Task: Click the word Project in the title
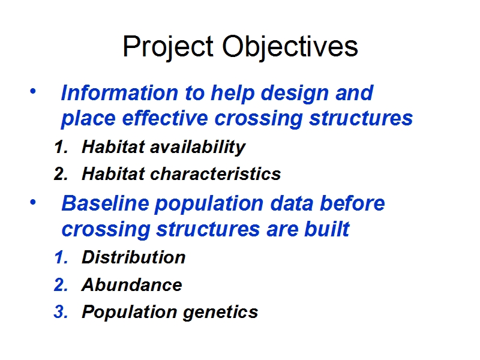[x=168, y=47]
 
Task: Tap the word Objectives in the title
[x=290, y=47]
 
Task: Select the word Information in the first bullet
[x=119, y=93]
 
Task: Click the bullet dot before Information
[x=33, y=91]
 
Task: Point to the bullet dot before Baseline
[x=33, y=202]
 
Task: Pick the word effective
[x=165, y=118]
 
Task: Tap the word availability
[x=198, y=148]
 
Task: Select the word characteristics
[x=215, y=174]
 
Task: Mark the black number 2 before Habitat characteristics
[x=61, y=174]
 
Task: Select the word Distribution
[x=134, y=257]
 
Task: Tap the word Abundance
[x=132, y=284]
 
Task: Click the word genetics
[x=220, y=313]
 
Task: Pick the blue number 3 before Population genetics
[x=61, y=312]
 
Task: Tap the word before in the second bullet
[x=352, y=203]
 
